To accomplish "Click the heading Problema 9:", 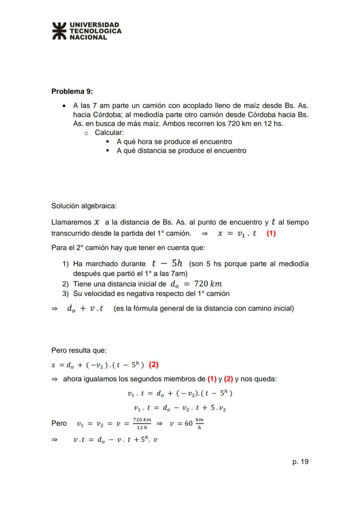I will pos(72,91).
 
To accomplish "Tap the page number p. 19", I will pos(300,462).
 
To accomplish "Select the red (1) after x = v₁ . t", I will pos(271,233).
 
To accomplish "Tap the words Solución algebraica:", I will pos(84,205).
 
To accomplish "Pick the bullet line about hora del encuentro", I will pos(174,142).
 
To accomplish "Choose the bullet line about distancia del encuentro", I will pos(181,151).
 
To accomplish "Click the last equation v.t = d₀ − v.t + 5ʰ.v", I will pos(115,440).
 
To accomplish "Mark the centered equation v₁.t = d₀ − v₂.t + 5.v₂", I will pos(180,408).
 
